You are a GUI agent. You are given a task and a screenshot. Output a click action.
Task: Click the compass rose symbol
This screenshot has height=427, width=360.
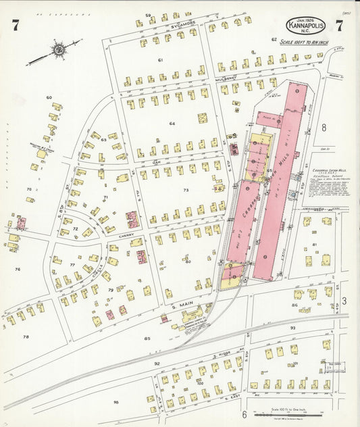(x=59, y=49)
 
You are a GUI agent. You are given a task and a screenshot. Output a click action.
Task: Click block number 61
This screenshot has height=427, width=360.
(x=161, y=61)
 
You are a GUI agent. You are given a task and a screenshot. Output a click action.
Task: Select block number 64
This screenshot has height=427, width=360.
(x=172, y=124)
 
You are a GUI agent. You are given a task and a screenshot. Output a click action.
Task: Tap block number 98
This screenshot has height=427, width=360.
(x=115, y=403)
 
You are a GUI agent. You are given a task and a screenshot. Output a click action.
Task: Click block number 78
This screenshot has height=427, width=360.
(x=26, y=336)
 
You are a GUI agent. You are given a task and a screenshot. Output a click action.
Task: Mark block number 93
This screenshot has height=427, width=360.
(x=292, y=328)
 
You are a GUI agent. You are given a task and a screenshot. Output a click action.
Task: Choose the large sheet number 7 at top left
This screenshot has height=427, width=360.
(x=15, y=26)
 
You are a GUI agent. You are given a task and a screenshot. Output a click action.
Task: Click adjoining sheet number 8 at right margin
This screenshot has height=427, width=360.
(x=324, y=126)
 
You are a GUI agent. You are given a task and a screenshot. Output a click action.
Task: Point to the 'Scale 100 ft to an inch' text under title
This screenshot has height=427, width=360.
(x=305, y=41)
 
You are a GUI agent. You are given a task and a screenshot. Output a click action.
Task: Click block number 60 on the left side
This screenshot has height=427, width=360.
(x=49, y=98)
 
